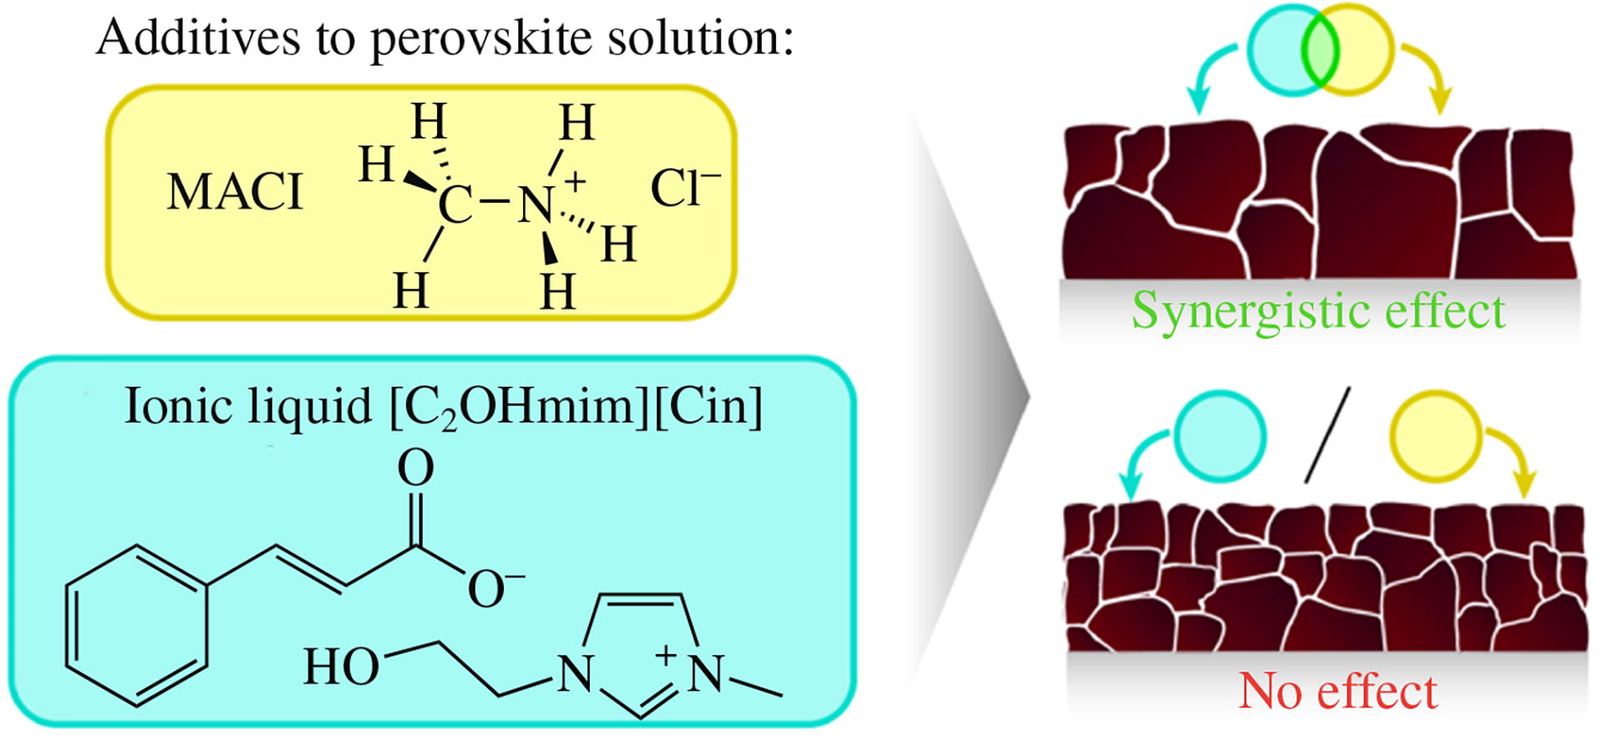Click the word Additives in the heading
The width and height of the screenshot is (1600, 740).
click(198, 38)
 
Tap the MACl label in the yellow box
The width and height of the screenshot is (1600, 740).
click(235, 192)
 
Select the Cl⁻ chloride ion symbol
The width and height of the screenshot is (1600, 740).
click(684, 189)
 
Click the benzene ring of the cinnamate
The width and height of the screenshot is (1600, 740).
click(137, 626)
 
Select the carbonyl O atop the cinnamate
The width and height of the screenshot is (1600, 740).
click(415, 468)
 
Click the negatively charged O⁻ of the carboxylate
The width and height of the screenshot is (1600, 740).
click(493, 590)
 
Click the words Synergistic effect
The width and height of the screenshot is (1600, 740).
click(1318, 312)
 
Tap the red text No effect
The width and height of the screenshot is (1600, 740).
click(1337, 692)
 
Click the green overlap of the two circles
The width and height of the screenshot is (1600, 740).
click(1320, 50)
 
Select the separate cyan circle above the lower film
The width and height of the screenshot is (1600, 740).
click(1220, 437)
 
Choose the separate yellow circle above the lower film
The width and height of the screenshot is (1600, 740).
click(1435, 437)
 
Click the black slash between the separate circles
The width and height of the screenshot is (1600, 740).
click(1328, 434)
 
